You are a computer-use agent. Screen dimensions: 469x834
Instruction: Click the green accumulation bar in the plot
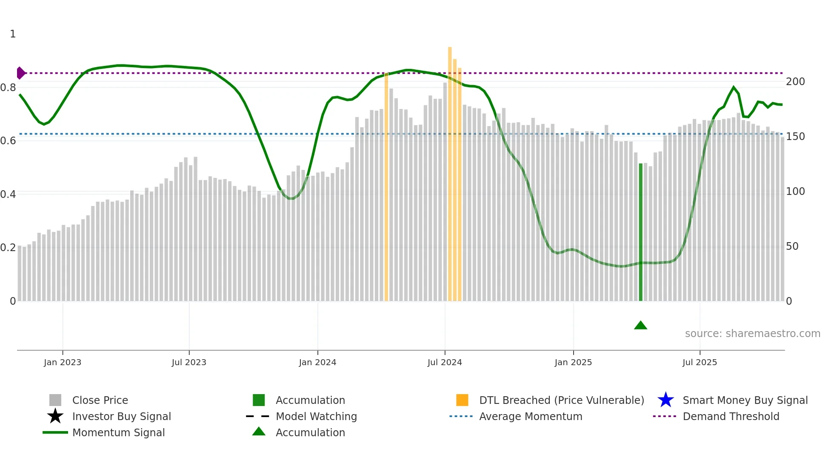point(640,232)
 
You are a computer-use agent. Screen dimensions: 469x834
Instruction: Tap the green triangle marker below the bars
point(640,326)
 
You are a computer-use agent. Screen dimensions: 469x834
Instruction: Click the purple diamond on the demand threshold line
point(20,73)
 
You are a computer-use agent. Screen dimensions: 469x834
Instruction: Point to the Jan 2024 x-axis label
point(317,362)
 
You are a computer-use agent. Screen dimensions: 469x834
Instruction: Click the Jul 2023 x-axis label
point(189,362)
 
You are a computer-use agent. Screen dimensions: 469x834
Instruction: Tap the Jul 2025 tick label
point(700,362)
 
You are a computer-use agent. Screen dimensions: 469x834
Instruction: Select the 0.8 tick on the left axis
point(8,88)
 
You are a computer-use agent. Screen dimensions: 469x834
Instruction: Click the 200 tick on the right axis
point(795,82)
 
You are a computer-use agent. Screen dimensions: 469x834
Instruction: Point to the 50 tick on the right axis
point(792,246)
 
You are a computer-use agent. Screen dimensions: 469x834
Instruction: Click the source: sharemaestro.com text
point(752,334)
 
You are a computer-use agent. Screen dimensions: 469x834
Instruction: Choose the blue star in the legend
point(665,400)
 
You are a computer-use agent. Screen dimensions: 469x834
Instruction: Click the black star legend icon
point(55,416)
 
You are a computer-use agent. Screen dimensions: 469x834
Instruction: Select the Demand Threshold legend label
point(731,416)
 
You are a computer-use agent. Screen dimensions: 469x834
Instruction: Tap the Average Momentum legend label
point(530,416)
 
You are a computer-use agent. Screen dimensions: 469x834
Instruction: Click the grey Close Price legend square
point(55,400)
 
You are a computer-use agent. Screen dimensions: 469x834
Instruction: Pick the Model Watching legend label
point(316,416)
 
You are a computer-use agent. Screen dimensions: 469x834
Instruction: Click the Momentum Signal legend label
point(118,432)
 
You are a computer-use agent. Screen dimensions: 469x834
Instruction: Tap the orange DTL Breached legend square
point(462,400)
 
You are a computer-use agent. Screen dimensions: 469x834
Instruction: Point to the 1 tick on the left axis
point(13,34)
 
